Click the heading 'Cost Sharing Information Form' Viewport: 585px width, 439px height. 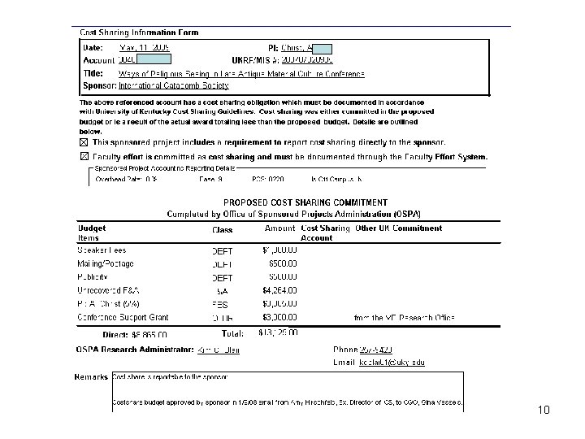[138, 33]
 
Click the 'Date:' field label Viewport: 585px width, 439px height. [94, 48]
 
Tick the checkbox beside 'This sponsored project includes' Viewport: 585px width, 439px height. [84, 142]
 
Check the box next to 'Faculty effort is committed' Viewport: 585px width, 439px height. [84, 156]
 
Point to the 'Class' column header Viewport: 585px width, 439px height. [222, 230]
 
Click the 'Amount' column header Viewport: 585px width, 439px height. [279, 228]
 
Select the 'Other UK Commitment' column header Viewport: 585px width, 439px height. [399, 228]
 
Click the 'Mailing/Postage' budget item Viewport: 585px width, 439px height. [106, 263]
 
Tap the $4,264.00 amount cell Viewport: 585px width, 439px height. [279, 290]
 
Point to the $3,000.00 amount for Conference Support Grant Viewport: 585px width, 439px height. [279, 316]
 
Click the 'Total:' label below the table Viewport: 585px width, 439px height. [233, 333]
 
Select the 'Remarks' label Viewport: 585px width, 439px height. [91, 377]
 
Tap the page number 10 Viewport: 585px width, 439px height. [544, 410]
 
